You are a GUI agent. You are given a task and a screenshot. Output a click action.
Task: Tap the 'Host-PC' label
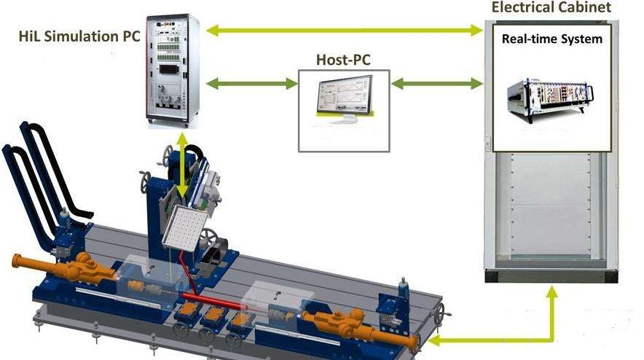tap(343, 59)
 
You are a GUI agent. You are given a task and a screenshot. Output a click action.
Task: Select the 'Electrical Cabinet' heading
tap(551, 8)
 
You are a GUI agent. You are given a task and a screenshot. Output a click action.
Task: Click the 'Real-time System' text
tap(551, 39)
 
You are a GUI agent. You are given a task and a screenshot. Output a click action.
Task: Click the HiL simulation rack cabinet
tap(172, 69)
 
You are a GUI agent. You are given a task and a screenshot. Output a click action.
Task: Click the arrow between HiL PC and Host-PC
tap(252, 84)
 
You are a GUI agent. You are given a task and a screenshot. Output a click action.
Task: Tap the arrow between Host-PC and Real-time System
tap(437, 84)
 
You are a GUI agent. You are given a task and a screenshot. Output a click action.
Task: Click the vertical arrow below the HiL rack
tap(181, 165)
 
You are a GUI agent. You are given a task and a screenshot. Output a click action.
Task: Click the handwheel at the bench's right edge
tap(439, 316)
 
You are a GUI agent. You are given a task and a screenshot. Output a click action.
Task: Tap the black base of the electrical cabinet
tap(551, 276)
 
